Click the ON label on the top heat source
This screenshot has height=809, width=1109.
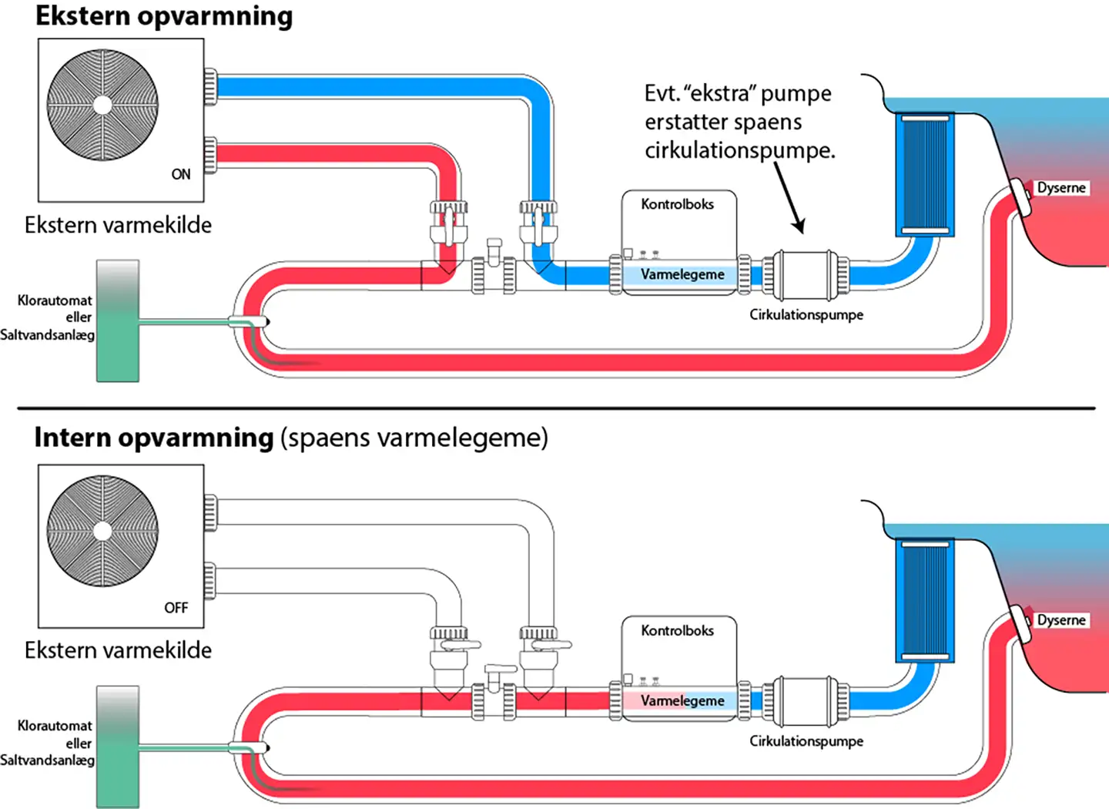pos(181,174)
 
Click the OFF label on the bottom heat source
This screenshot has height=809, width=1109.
pos(176,607)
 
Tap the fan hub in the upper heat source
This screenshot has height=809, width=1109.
pos(102,105)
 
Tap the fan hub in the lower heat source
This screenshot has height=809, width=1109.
pos(102,531)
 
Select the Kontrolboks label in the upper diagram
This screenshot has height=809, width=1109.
pos(677,204)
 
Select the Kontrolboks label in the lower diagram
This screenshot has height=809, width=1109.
pos(677,630)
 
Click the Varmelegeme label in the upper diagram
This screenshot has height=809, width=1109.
pos(682,274)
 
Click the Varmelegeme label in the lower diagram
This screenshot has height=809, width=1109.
pos(682,700)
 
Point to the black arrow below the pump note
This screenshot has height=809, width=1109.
pos(789,197)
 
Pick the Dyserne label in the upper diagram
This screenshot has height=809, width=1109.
pos(1060,187)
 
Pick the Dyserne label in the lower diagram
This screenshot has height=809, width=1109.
pos(1060,620)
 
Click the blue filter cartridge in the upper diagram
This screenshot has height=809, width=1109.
pos(924,174)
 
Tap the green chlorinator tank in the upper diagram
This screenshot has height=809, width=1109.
pos(118,321)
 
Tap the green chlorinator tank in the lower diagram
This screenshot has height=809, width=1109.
pos(118,746)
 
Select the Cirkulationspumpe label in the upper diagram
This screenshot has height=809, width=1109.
pos(806,314)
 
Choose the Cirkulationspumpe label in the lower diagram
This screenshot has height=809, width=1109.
pos(806,740)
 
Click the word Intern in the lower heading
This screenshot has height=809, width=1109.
pos(72,437)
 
